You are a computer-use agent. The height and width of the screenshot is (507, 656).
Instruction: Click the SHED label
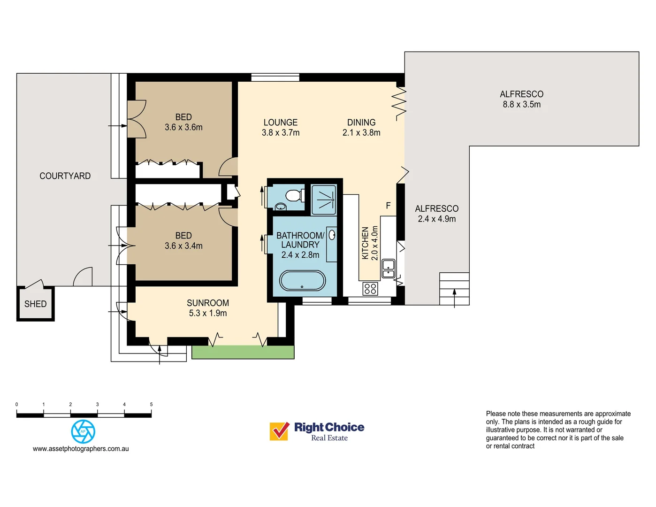coord(35,304)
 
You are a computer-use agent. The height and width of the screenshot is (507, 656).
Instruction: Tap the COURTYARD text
coord(65,176)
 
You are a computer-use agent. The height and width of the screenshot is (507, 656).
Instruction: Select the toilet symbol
coord(294,195)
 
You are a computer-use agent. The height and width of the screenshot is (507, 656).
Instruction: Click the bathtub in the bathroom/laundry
coord(302,281)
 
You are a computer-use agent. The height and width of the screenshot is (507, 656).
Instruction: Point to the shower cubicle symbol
coord(324,200)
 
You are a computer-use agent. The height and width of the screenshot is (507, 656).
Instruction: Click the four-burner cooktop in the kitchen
coord(370,288)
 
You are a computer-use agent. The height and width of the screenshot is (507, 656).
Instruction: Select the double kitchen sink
coord(389,269)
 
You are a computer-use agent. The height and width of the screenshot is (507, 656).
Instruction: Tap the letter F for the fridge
coord(388,206)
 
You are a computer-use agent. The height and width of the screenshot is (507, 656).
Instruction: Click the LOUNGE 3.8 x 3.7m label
coord(281,127)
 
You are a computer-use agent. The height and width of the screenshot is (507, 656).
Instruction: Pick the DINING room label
coord(361,123)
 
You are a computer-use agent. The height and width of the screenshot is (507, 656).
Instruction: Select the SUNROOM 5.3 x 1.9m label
coord(208,308)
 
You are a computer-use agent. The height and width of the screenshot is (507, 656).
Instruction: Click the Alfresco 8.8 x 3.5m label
coord(521,99)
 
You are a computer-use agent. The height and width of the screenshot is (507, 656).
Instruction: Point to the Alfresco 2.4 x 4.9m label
coord(436,214)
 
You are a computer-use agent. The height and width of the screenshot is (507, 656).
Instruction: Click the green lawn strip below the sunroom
coord(243,352)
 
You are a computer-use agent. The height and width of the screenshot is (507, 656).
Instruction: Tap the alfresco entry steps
coord(454,288)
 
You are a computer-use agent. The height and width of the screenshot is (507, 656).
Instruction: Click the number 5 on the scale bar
coord(151,404)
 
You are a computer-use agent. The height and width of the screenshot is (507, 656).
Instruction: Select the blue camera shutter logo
coord(83,431)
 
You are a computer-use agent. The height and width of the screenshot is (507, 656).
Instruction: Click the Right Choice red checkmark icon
coord(279,431)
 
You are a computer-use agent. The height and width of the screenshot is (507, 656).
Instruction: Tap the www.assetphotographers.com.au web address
coord(81,449)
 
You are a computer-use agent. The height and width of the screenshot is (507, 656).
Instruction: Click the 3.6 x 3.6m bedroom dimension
coord(183,127)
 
